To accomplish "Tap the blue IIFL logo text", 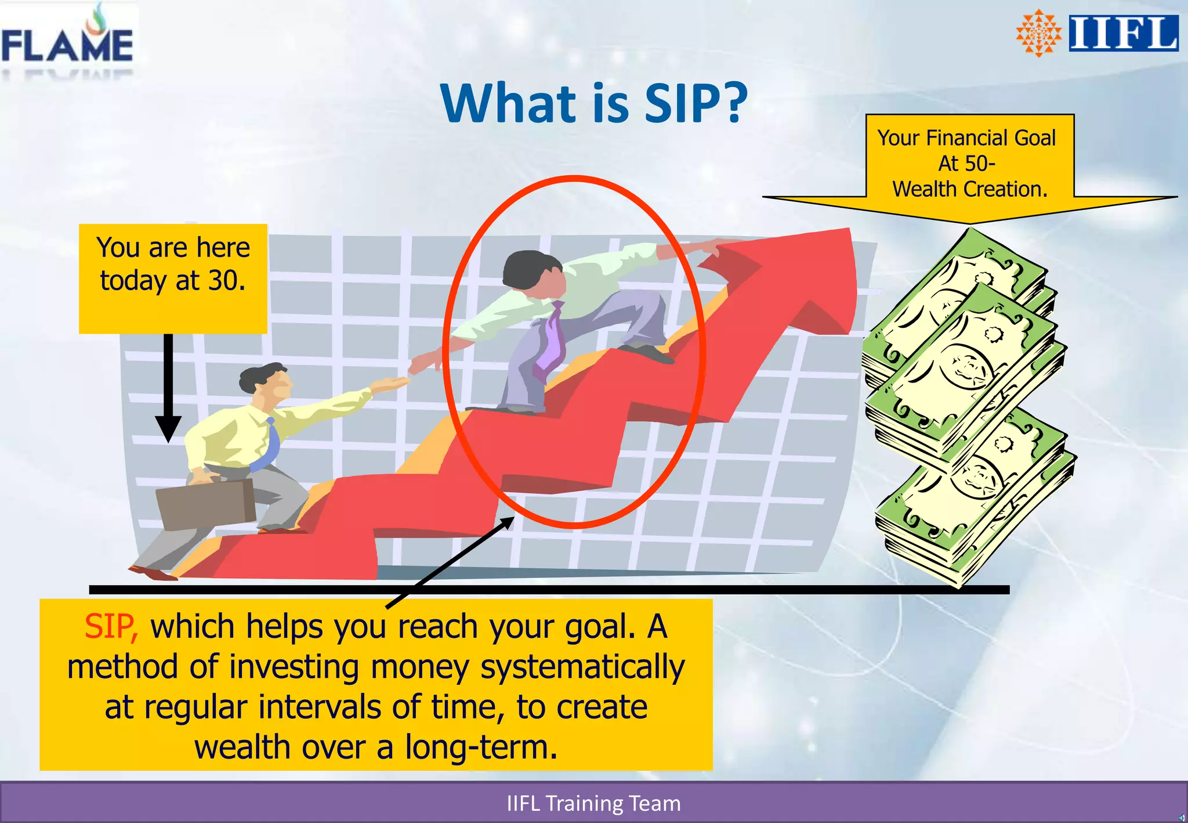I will tap(1123, 33).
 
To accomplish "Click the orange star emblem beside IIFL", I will tap(1039, 33).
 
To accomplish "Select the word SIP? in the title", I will tap(696, 103).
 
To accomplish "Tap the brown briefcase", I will tap(206, 504).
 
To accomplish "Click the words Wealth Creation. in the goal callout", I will tap(970, 189).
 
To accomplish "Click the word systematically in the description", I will tap(582, 667).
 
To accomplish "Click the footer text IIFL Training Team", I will tap(593, 803).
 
